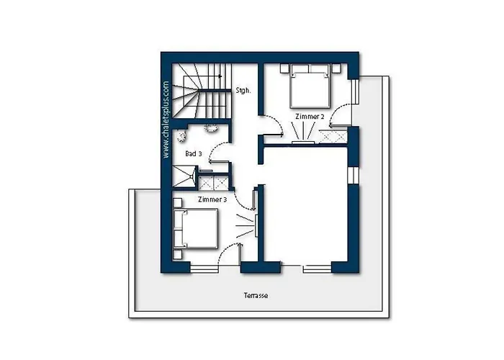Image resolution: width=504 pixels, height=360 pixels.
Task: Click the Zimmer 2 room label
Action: click(310, 117)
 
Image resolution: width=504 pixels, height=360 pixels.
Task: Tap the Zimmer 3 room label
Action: click(212, 199)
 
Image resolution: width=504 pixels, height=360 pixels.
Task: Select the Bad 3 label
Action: click(194, 154)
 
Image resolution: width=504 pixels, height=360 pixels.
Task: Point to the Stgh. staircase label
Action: click(243, 91)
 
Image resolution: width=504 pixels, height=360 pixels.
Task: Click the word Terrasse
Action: click(256, 295)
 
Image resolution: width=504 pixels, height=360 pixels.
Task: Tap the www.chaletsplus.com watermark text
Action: click(166, 120)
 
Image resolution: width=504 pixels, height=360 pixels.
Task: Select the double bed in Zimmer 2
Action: click(310, 86)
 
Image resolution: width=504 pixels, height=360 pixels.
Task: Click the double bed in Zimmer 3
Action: click(195, 228)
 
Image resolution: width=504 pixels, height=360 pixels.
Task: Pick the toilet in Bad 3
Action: click(181, 136)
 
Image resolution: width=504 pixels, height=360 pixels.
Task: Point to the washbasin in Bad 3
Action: click(211, 128)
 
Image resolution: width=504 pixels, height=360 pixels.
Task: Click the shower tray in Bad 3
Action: click(184, 176)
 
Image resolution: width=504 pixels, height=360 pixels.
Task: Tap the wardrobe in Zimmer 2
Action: click(333, 137)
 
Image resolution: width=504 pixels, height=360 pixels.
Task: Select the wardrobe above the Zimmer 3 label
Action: click(213, 183)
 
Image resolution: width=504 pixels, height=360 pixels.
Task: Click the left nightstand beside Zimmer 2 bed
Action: click(284, 69)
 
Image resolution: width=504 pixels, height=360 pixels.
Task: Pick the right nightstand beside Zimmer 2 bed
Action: click(336, 69)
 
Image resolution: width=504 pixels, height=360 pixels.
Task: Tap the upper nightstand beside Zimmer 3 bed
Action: click(177, 203)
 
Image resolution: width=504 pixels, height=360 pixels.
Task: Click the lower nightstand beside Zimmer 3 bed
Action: click(177, 255)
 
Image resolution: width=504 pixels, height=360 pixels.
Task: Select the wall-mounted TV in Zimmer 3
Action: click(256, 225)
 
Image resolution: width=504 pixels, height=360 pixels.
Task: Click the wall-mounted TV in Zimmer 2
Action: click(303, 143)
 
